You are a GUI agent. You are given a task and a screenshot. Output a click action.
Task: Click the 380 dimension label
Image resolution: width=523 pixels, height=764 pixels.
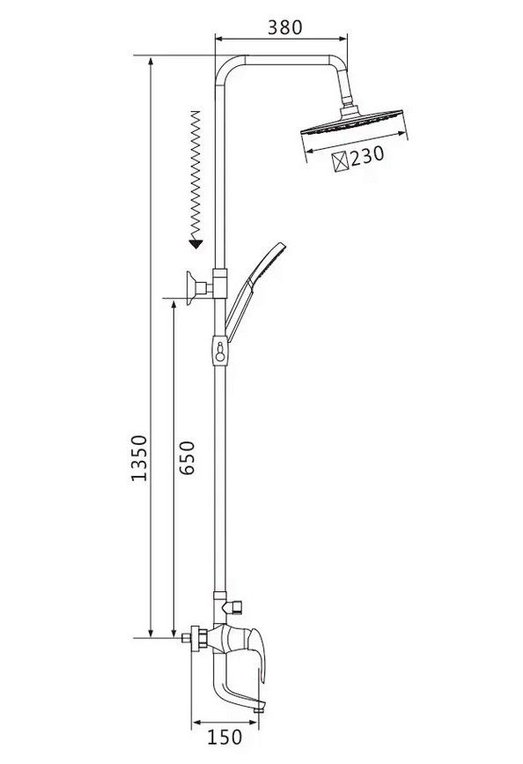[x=285, y=27]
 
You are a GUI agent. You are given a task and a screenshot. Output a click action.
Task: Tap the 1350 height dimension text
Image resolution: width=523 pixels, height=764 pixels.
[x=139, y=458]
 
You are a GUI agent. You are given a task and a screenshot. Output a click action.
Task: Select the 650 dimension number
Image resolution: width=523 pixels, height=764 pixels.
[x=187, y=457]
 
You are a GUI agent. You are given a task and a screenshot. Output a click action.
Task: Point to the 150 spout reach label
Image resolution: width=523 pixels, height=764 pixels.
[x=225, y=738]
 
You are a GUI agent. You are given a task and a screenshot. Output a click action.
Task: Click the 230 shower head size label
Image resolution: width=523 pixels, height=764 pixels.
[x=367, y=156]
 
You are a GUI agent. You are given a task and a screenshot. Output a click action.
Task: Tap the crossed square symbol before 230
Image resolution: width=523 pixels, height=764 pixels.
[x=341, y=162]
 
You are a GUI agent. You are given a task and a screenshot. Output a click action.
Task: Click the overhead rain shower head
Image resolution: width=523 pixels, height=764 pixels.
[x=352, y=122]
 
